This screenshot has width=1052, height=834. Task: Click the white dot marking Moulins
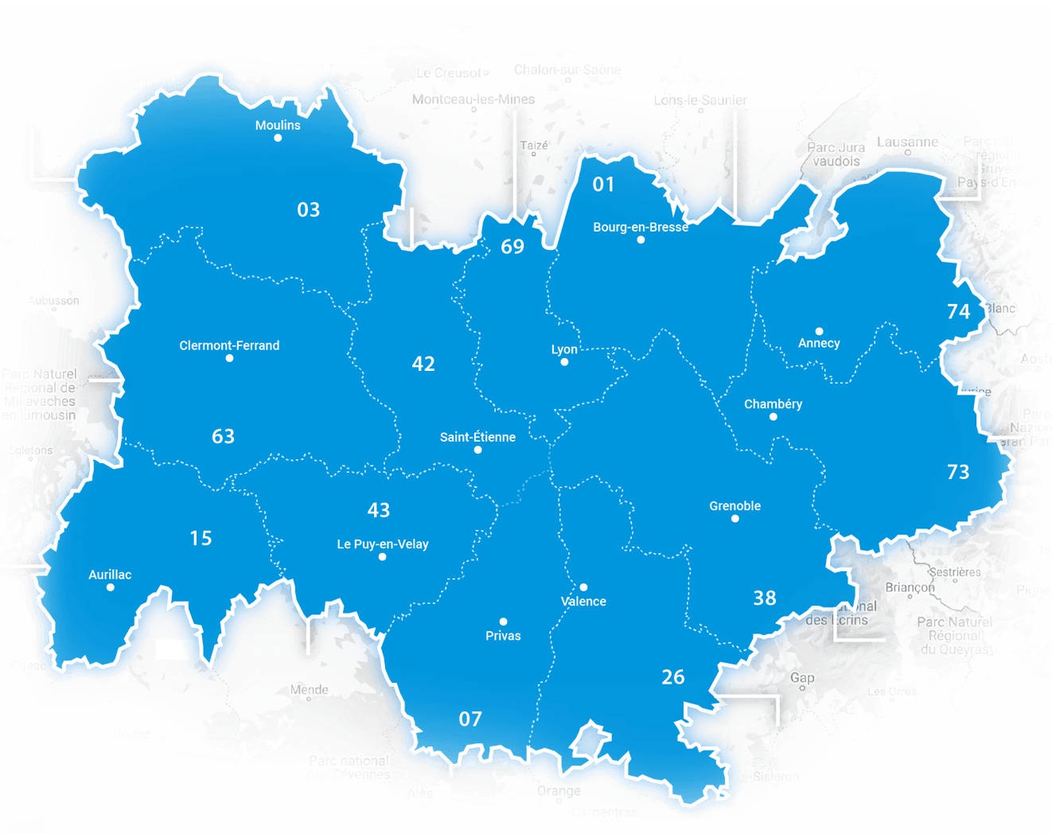[278, 138]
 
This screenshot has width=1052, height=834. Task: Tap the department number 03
[309, 210]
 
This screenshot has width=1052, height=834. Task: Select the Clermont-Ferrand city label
[229, 345]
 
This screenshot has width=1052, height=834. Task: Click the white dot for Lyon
[564, 362]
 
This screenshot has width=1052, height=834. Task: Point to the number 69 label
[512, 247]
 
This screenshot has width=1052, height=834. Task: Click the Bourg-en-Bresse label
[641, 227]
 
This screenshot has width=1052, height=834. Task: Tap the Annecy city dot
[819, 331]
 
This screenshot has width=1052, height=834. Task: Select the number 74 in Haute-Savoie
[958, 311]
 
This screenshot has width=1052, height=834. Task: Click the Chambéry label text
[773, 404]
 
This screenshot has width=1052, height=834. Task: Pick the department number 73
[958, 472]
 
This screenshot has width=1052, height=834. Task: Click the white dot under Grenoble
[735, 519]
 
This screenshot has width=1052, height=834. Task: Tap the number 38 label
[765, 598]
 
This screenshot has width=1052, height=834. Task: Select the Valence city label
[583, 602]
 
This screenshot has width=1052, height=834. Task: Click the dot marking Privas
[503, 622]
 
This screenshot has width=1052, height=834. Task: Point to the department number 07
[470, 719]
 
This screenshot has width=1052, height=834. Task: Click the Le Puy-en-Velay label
[383, 544]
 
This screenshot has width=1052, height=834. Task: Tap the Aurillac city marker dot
[111, 587]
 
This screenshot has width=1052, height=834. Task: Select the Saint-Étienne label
[477, 437]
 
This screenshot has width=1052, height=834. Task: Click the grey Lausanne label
[907, 142]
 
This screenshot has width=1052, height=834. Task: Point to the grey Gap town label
[802, 678]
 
